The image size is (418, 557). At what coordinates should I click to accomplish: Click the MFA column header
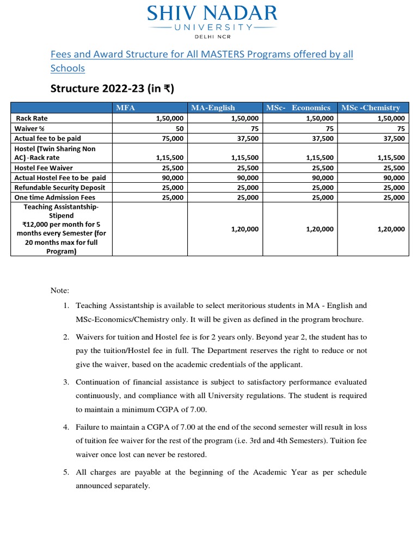click(x=126, y=108)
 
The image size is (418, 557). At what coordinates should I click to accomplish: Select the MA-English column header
click(x=213, y=108)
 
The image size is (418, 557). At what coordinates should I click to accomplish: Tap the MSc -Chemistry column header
click(x=371, y=108)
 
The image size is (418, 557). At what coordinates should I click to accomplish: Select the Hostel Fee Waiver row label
click(x=44, y=168)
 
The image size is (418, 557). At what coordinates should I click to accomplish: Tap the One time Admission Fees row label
click(x=55, y=197)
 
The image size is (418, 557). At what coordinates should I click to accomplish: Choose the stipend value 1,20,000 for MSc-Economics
click(x=320, y=229)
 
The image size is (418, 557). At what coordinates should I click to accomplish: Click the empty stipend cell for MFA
click(x=150, y=229)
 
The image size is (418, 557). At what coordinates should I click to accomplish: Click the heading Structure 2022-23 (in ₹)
click(x=112, y=89)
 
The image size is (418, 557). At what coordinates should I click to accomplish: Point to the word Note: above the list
click(x=60, y=292)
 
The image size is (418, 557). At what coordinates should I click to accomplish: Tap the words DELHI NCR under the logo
click(x=212, y=36)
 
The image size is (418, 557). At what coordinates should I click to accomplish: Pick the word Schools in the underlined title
click(x=67, y=69)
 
